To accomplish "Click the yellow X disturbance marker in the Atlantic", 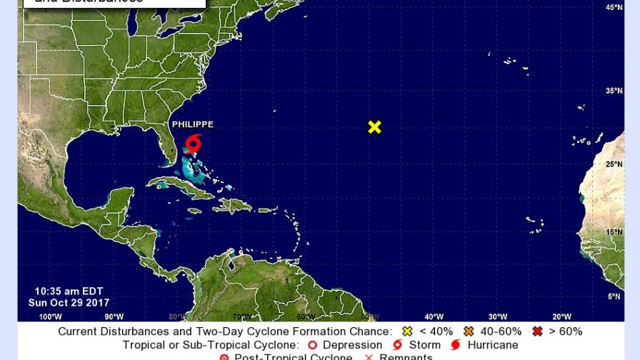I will pyautogui.click(x=374, y=127).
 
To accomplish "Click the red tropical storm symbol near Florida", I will pyautogui.click(x=193, y=144).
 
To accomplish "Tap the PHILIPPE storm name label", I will pyautogui.click(x=192, y=125).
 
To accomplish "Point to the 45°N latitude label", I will pyautogui.click(x=614, y=8).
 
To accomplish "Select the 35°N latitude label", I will pyautogui.click(x=614, y=91).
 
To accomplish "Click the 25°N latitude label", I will pyautogui.click(x=614, y=164).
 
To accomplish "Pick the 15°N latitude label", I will pyautogui.click(x=614, y=232).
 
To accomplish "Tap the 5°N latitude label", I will pyautogui.click(x=614, y=296).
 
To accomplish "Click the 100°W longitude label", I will pyautogui.click(x=50, y=316).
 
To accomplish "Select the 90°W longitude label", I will pyautogui.click(x=114, y=316).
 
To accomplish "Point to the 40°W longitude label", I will pyautogui.click(x=434, y=316).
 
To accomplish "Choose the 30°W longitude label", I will pyautogui.click(x=498, y=316).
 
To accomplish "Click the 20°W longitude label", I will pyautogui.click(x=561, y=316).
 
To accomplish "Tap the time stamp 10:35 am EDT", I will pyautogui.click(x=69, y=291).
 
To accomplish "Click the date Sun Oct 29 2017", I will pyautogui.click(x=69, y=303).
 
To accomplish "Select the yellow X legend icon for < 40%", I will pyautogui.click(x=407, y=331).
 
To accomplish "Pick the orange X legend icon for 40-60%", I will pyautogui.click(x=469, y=331).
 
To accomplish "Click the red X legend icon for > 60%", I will pyautogui.click(x=537, y=331).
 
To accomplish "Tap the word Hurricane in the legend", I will pyautogui.click(x=492, y=345).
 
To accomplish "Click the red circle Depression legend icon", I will pyautogui.click(x=312, y=345).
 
